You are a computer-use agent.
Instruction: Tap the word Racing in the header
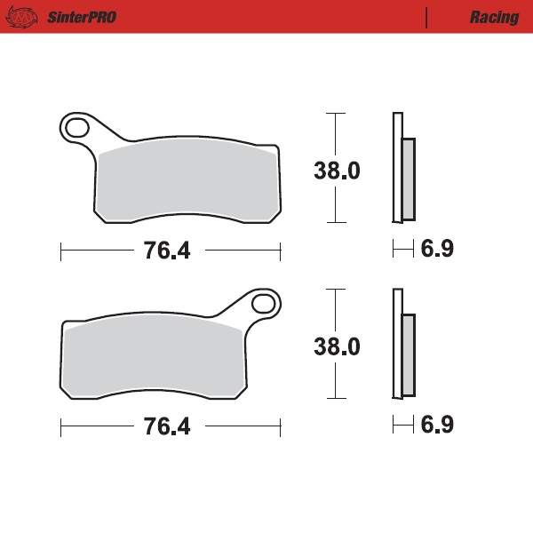point(495,17)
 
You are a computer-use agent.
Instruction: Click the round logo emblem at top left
point(27,17)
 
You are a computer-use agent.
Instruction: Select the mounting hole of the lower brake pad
point(264,304)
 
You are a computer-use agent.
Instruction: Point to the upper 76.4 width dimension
point(167,251)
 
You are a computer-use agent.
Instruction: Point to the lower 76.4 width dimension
point(167,426)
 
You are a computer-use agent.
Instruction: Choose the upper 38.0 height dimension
point(336,171)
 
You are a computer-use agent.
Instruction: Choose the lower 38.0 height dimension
point(336,346)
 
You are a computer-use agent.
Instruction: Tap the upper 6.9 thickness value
point(437,250)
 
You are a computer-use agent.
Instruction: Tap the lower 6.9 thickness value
point(437,425)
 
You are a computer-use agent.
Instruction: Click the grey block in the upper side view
point(408,179)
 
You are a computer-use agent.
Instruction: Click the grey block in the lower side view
point(408,354)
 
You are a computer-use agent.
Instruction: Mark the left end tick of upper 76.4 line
point(60,251)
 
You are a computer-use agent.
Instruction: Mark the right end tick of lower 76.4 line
point(280,427)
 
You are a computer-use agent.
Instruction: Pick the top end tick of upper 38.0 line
point(334,114)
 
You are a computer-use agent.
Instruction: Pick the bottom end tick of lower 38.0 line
point(334,398)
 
